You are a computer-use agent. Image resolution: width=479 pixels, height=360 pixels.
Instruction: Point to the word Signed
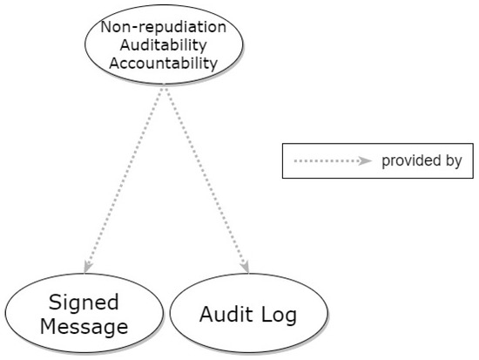(83, 303)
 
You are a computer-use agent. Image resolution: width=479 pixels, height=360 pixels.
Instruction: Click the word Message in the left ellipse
(83, 327)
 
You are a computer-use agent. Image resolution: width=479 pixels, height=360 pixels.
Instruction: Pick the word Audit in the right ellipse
(224, 315)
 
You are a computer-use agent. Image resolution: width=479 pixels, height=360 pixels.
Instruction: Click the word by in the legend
(453, 161)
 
